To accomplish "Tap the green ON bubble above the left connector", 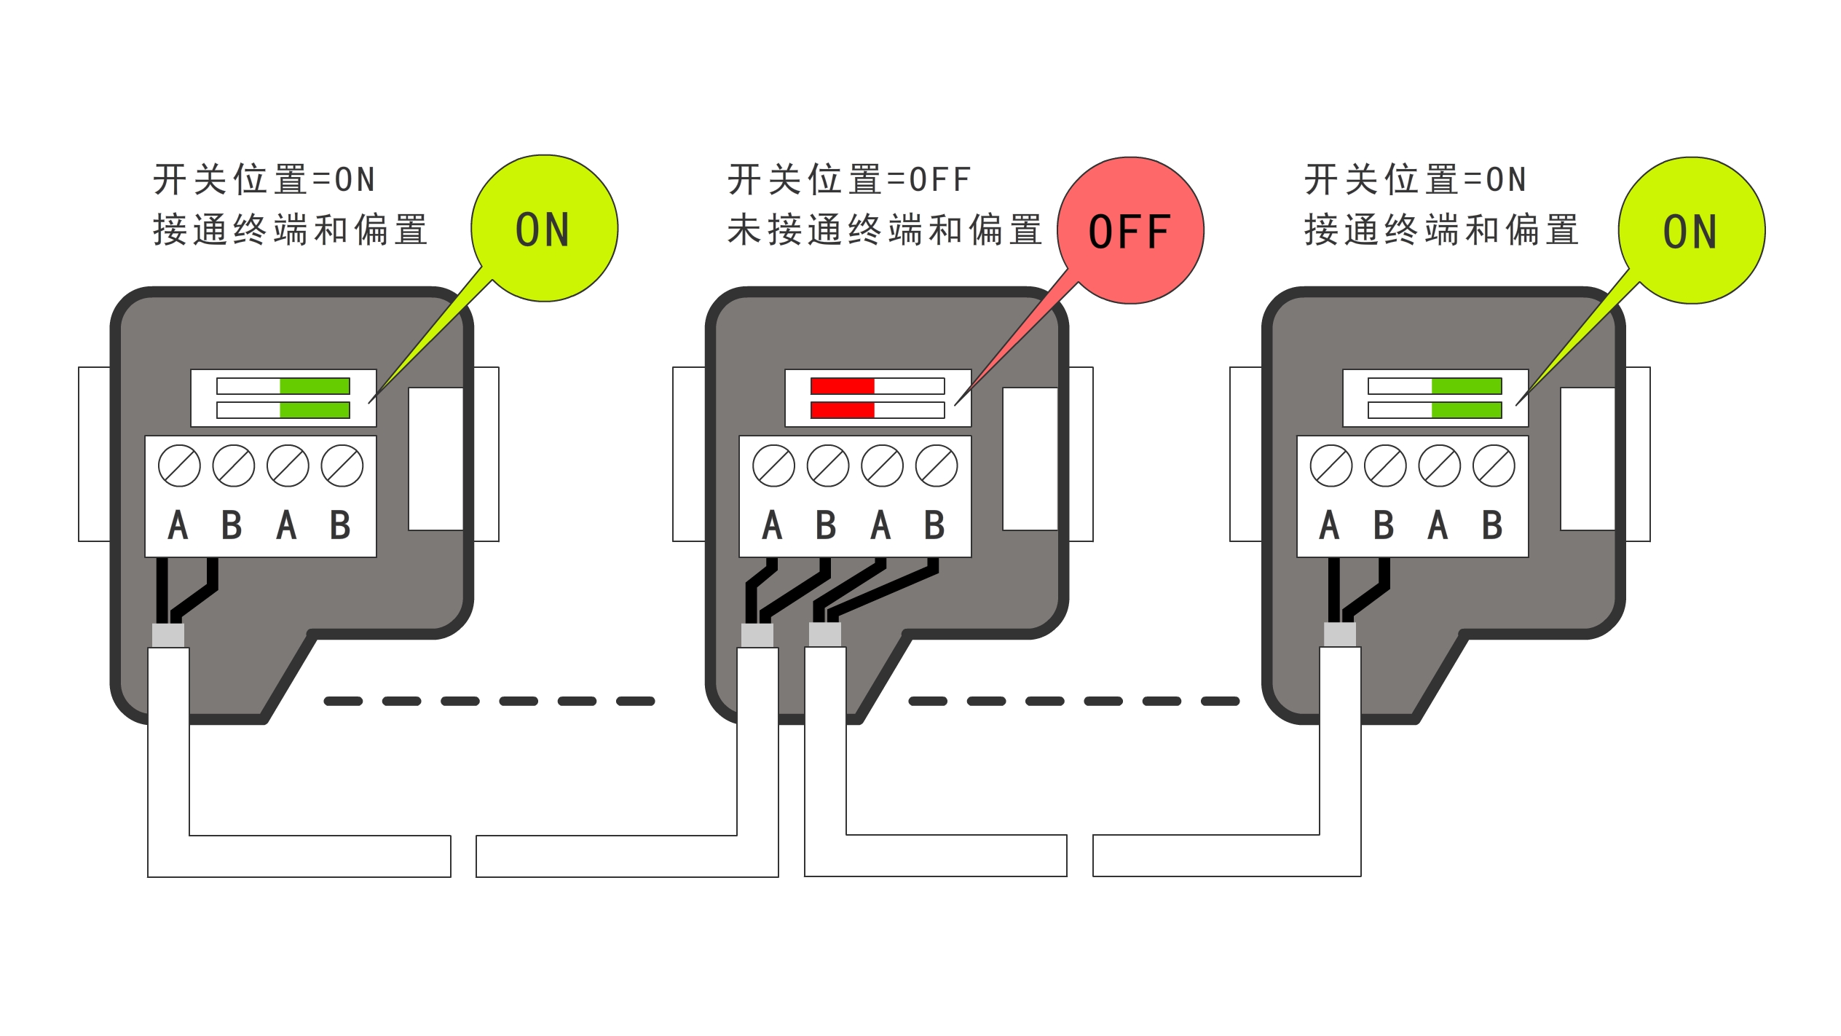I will click(544, 228).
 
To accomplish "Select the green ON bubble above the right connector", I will click(1691, 230).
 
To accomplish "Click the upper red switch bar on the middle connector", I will click(843, 386).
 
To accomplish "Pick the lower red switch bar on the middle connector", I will click(843, 410).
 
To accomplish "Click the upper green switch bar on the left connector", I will click(315, 386).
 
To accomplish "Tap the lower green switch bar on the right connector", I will click(1466, 410).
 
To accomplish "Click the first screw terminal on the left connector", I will click(179, 466).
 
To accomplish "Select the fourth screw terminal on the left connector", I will click(342, 466).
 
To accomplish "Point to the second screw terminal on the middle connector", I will click(828, 466).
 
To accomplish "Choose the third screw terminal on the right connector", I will click(1439, 466).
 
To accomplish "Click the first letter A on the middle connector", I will click(773, 525).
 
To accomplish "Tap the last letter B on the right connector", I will click(1492, 525).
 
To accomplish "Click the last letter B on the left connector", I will click(340, 525).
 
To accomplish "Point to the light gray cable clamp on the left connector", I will click(168, 635).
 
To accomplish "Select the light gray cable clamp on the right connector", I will click(1340, 635).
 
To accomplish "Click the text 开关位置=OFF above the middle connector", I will click(849, 180).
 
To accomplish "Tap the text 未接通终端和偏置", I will click(884, 230).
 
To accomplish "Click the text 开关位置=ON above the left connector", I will click(264, 180).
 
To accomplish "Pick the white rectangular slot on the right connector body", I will click(1588, 459).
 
